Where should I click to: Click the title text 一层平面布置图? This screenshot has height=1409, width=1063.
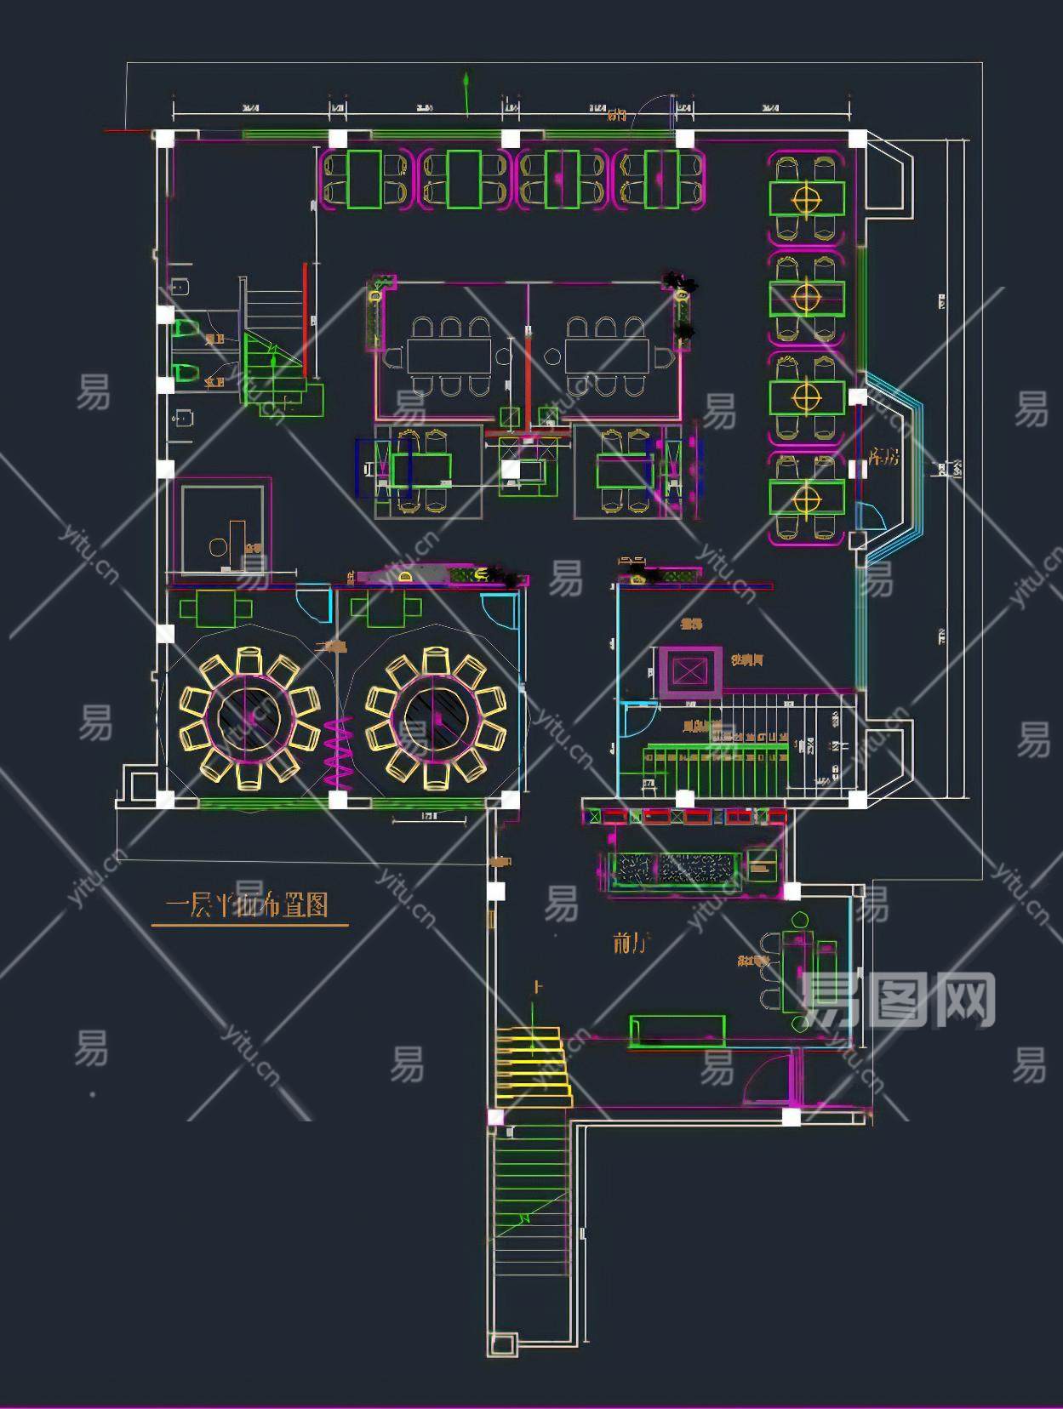tap(247, 905)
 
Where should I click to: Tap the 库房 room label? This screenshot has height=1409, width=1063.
tap(883, 457)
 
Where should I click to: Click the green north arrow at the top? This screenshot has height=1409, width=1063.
tap(466, 93)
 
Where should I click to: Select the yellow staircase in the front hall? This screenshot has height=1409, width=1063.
tap(533, 1067)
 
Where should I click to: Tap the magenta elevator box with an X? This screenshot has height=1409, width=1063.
tap(689, 673)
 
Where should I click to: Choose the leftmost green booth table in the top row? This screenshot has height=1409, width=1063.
tap(364, 179)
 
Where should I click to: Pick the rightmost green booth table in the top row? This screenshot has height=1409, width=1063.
tap(660, 179)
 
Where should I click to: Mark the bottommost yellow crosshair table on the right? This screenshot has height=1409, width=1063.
tap(807, 498)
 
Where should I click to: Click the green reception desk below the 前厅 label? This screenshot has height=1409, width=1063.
tap(677, 1030)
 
